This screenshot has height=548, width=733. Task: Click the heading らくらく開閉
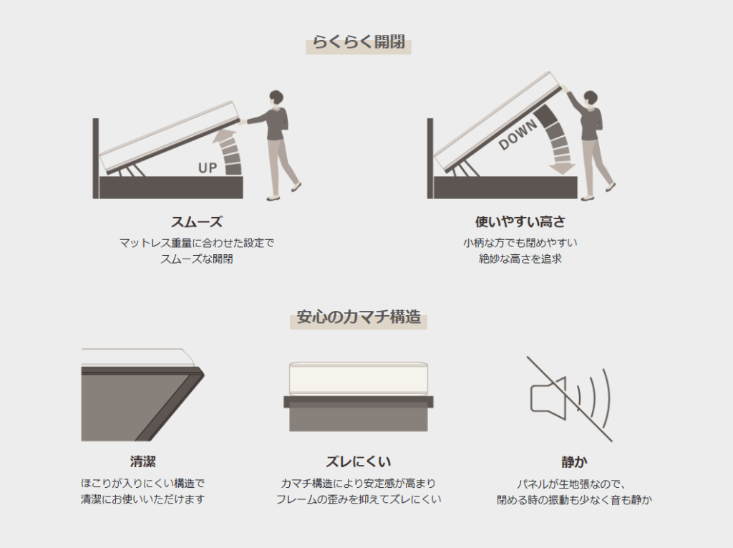click(359, 42)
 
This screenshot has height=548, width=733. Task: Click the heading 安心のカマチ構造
click(359, 317)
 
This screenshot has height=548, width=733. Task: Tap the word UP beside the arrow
click(208, 168)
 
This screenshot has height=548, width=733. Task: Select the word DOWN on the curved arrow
click(518, 135)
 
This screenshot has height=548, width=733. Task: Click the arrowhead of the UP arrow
click(225, 135)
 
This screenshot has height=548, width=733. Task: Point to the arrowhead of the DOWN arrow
click(562, 169)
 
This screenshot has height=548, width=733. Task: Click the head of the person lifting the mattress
click(276, 98)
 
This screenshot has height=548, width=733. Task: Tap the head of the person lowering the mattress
click(591, 99)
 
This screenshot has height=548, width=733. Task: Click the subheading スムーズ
click(197, 222)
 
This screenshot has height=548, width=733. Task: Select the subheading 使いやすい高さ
click(520, 222)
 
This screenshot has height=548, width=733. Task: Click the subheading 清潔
click(143, 462)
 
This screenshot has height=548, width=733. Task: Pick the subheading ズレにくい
click(359, 462)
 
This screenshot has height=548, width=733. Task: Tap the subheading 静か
click(575, 462)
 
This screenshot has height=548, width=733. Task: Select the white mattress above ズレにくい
click(359, 379)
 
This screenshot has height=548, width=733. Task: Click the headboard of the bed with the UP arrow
click(96, 158)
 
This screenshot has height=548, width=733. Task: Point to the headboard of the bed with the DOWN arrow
click(430, 158)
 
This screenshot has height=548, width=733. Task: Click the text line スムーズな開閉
click(197, 259)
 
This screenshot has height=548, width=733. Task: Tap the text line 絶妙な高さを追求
click(520, 259)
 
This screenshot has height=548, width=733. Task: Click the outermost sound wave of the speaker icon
click(607, 399)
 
